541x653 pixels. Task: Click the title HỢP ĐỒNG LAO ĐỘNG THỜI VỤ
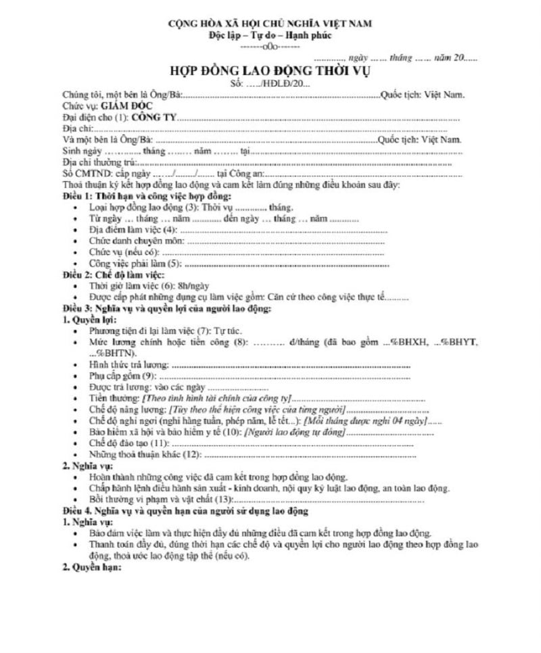tap(270, 72)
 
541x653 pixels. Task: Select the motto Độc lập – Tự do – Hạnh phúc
tap(270, 35)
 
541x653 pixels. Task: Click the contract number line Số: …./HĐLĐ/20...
tap(270, 84)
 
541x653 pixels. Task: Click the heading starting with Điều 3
tap(166, 308)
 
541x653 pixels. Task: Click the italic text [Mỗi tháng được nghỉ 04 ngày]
tap(365, 420)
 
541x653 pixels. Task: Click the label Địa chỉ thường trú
tap(99, 163)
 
